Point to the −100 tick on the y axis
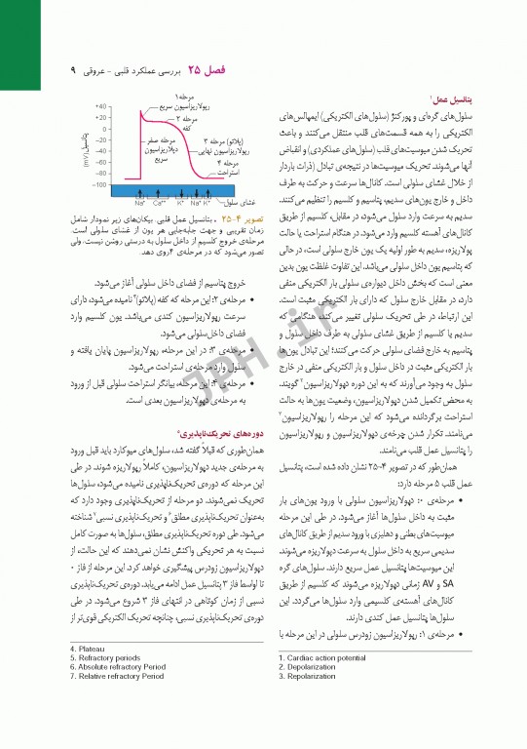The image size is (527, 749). (x=98, y=184)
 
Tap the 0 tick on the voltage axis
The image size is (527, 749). (x=104, y=129)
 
